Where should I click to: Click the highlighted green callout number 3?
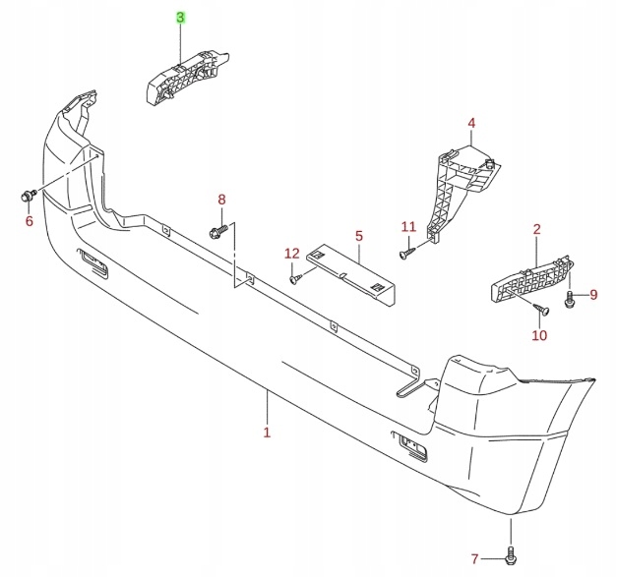click(x=180, y=18)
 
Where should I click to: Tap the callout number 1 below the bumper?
click(x=266, y=432)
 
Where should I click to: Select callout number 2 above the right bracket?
click(x=537, y=230)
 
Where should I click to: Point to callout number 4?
click(x=471, y=123)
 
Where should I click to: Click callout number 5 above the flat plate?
click(x=359, y=236)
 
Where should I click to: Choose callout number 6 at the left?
click(x=29, y=221)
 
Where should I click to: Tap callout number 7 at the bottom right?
click(x=474, y=559)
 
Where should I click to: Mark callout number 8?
click(x=221, y=200)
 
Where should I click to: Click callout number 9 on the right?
click(x=593, y=294)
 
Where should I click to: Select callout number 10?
click(x=539, y=336)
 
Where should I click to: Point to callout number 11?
click(x=408, y=228)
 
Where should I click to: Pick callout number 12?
click(x=291, y=254)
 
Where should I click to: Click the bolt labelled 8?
click(x=218, y=232)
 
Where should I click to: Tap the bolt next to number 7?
click(x=510, y=555)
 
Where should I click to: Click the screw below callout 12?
click(x=295, y=279)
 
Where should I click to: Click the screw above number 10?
click(x=538, y=311)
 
